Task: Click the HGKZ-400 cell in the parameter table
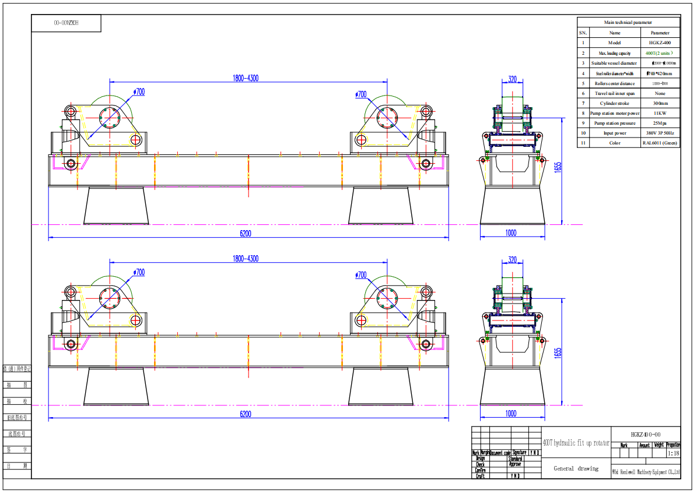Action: tap(660, 43)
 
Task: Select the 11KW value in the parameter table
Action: tap(660, 113)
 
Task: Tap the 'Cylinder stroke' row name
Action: tap(614, 103)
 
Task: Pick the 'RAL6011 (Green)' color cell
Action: tap(660, 143)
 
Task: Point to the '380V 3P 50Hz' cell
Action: tap(660, 133)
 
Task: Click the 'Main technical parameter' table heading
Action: tap(628, 22)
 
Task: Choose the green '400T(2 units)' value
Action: tap(660, 53)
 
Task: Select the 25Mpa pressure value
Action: tap(660, 123)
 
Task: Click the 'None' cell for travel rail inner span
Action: tap(660, 93)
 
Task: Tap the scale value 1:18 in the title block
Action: tap(673, 453)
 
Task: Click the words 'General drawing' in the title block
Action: tap(576, 468)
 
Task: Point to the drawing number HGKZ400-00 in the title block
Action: tap(646, 435)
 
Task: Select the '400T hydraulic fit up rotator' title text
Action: tap(576, 443)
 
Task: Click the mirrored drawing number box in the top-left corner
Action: tap(66, 23)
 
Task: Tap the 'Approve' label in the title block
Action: tap(515, 464)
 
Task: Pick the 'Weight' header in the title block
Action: tap(659, 445)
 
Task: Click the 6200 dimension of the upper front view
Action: tap(246, 234)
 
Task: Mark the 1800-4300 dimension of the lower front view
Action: tap(246, 259)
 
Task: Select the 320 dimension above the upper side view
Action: tap(512, 79)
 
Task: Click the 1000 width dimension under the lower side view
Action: tap(511, 414)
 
